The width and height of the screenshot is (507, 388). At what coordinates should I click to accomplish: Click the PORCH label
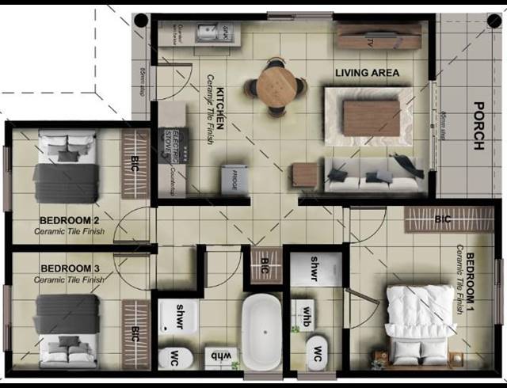click(478, 126)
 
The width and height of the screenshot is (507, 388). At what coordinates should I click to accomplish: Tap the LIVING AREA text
click(367, 73)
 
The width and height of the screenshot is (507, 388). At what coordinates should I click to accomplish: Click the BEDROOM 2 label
click(69, 220)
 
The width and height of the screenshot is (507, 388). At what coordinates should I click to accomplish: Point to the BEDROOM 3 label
click(69, 268)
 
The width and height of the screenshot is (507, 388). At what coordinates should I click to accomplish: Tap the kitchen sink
click(212, 33)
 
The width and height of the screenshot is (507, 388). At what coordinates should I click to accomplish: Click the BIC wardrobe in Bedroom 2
click(135, 163)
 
